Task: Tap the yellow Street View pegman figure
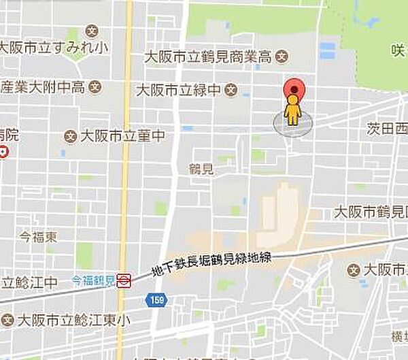point(292,110)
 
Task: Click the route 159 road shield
point(156,299)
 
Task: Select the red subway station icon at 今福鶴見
point(124,280)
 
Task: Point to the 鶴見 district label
point(202,169)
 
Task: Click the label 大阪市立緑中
point(179,89)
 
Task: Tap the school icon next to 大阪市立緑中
point(231,89)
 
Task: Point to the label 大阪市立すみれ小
point(53,48)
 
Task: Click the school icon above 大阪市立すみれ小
point(92,31)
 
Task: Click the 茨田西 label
point(387,128)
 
